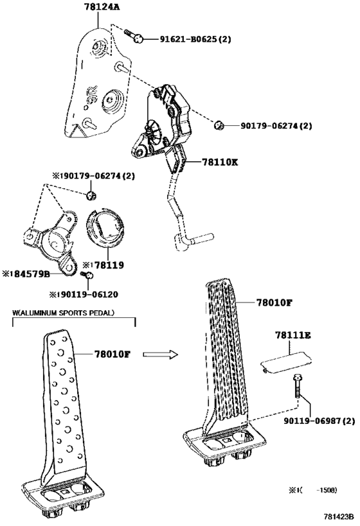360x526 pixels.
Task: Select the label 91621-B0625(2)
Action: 195,39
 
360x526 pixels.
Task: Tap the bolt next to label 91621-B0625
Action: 134,36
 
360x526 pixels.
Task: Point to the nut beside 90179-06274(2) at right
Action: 219,125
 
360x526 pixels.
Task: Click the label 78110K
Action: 220,162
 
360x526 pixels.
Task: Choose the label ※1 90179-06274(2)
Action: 93,176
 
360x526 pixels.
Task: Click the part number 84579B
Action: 26,274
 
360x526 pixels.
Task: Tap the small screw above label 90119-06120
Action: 87,275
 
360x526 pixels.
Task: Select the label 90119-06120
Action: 84,295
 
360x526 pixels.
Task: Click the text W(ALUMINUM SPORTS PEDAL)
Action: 63,313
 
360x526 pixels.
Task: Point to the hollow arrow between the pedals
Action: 161,355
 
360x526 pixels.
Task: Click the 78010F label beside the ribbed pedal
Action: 274,302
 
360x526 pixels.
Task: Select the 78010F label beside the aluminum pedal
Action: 112,354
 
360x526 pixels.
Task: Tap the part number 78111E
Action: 293,335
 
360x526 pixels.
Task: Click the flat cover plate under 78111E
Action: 286,362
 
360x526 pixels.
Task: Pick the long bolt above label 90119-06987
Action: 297,386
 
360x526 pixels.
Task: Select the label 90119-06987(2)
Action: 319,421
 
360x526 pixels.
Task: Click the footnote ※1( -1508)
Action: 312,490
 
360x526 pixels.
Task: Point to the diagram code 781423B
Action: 339,516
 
